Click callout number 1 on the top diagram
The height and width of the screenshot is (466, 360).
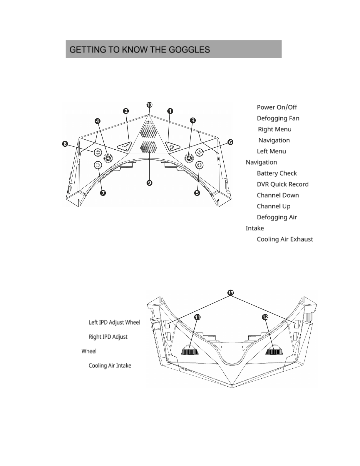(170, 111)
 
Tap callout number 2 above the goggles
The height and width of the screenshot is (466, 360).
(126, 111)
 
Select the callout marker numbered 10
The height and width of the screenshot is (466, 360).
(149, 105)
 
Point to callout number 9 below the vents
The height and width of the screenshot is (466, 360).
(149, 183)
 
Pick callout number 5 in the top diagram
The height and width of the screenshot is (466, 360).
(197, 193)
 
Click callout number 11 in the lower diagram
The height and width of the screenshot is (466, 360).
(197, 317)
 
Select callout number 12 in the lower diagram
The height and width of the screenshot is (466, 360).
(265, 317)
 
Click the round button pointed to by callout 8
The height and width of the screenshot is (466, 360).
(98, 152)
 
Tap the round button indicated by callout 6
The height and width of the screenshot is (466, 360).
(200, 152)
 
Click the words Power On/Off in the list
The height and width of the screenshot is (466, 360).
(277, 107)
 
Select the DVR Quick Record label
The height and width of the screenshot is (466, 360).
(282, 184)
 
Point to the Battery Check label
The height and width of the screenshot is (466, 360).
(277, 173)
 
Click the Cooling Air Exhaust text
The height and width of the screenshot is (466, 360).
(285, 239)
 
